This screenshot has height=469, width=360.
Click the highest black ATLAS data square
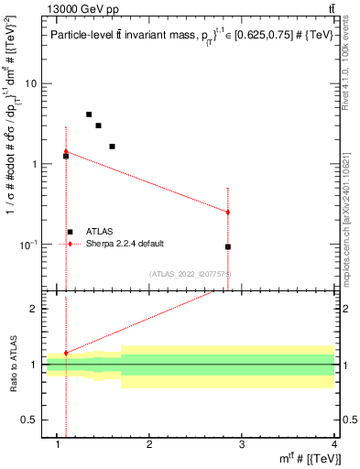[x=89, y=115]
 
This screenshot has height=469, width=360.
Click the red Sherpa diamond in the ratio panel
[x=66, y=353]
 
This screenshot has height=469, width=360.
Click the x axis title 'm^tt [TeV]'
[x=311, y=457]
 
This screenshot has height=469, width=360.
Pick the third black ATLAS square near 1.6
[x=112, y=146]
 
